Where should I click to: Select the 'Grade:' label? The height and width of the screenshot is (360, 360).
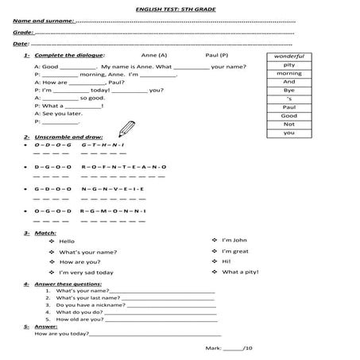click(x=23, y=32)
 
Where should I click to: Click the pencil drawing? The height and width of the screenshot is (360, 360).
click(x=126, y=127)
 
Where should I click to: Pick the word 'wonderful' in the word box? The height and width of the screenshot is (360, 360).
click(x=288, y=57)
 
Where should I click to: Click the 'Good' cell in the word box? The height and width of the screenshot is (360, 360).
click(x=288, y=116)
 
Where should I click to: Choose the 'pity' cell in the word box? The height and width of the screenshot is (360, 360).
click(x=288, y=65)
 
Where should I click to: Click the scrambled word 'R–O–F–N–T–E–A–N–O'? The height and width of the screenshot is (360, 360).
click(x=123, y=167)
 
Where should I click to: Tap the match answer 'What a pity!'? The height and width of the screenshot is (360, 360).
click(x=240, y=272)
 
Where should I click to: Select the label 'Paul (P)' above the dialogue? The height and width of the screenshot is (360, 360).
click(x=216, y=57)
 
